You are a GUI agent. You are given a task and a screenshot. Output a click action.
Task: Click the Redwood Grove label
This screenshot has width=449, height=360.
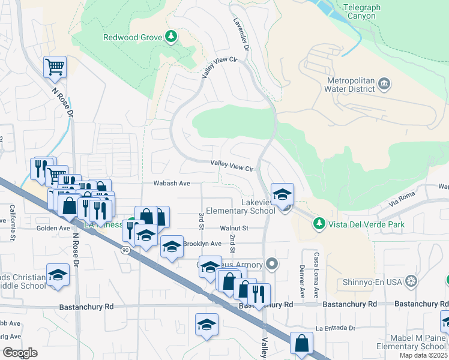pyautogui.click(x=133, y=37)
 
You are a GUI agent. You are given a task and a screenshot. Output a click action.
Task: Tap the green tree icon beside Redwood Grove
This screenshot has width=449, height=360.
pyautogui.click(x=172, y=37)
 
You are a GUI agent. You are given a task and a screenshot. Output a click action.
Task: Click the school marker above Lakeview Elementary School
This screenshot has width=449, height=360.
pyautogui.click(x=282, y=194)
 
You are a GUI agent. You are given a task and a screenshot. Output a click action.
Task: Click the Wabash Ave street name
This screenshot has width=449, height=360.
pyautogui.click(x=171, y=183)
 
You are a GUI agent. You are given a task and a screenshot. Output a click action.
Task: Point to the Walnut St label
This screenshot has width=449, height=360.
pyautogui.click(x=234, y=228)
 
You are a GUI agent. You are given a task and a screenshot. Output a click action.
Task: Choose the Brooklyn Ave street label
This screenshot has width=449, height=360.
pyautogui.click(x=202, y=244)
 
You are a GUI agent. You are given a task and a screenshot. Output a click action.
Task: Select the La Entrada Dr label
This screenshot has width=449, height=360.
pyautogui.click(x=336, y=328)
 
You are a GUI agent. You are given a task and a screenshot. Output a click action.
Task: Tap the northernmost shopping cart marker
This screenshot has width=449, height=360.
pyautogui.click(x=55, y=67)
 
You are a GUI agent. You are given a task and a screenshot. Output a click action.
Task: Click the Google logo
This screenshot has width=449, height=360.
pyautogui.click(x=20, y=353)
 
